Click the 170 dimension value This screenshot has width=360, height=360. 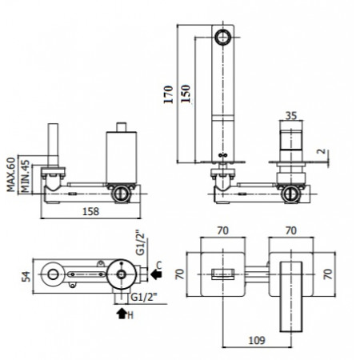point(168,94)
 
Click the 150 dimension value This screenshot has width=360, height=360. point(186,94)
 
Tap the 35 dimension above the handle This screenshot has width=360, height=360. point(291,116)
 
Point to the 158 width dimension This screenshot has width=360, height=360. point(90,211)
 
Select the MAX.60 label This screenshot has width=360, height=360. point(11,174)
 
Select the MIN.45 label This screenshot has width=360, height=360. point(26,176)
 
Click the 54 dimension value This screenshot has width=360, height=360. point(26,277)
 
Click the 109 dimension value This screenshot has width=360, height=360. point(257,340)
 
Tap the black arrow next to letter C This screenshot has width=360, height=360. point(156,274)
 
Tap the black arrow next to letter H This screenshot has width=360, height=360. point(122,314)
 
